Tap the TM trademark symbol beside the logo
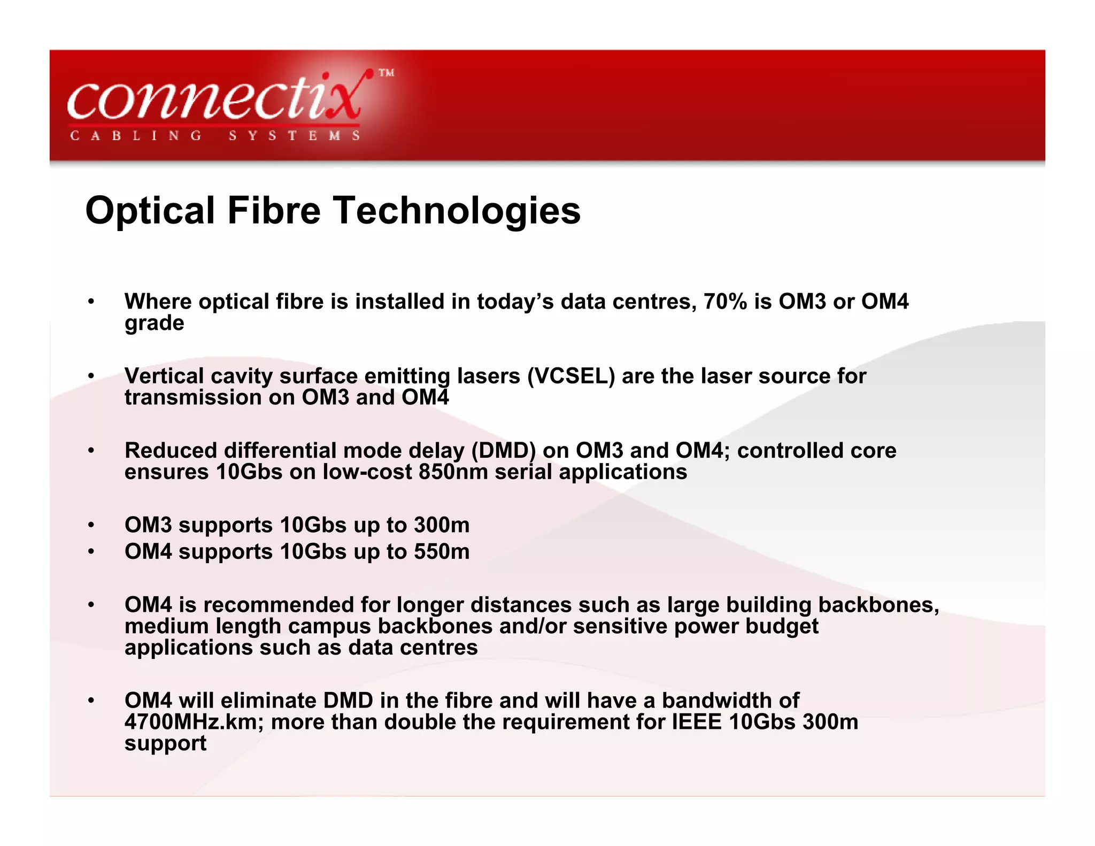click(387, 73)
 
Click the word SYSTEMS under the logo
click(295, 136)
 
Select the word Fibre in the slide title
click(274, 210)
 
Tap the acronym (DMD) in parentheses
click(503, 451)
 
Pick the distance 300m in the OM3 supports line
click(442, 525)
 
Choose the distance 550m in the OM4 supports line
click(442, 552)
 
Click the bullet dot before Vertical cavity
click(91, 376)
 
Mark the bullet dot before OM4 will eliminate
click(91, 701)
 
